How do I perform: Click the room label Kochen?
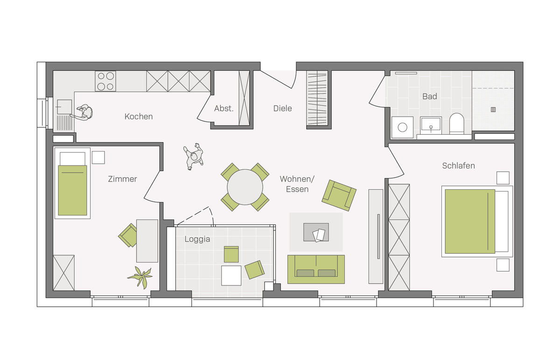point(139,117)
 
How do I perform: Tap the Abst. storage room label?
point(224,109)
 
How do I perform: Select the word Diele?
point(282,109)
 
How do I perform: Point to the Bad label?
point(430,97)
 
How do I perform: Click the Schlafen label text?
point(458,166)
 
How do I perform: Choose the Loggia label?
point(197,239)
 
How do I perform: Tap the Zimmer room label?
point(122,179)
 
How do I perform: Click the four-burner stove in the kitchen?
point(105,81)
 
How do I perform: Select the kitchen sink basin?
point(64,107)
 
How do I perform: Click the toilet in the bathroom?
point(456,124)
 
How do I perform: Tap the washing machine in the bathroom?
point(402,127)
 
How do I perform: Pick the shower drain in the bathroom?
point(493,110)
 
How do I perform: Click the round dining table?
point(245,187)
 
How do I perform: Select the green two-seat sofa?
point(316,270)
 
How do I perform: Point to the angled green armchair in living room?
point(339,195)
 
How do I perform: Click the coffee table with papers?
point(316,232)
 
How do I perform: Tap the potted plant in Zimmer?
point(140,277)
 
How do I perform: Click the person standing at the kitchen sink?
point(83,113)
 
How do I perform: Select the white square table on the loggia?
point(231,276)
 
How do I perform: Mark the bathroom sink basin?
point(431,124)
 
